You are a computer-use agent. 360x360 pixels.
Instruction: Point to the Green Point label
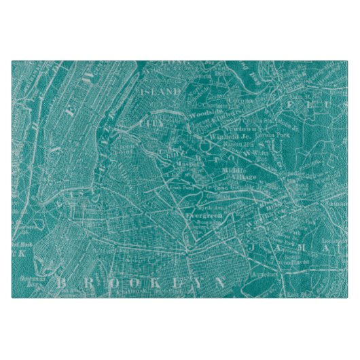pos(125,146)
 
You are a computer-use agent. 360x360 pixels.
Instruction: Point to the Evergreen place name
pos(200,213)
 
